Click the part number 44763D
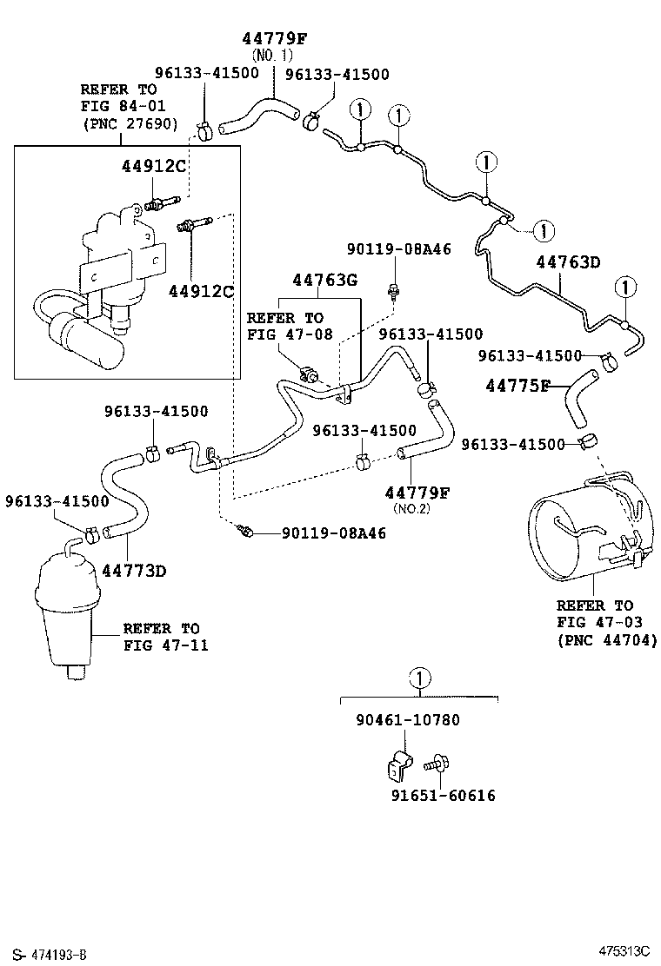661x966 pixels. [x=569, y=261]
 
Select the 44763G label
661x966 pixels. [x=324, y=280]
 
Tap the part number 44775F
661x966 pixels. [x=517, y=385]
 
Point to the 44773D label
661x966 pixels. [x=133, y=571]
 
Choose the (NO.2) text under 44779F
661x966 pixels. [x=411, y=508]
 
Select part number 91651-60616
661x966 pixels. [x=444, y=795]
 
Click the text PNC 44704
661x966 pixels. [x=606, y=640]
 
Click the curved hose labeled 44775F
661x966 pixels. [x=578, y=399]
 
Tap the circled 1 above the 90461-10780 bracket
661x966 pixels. [x=418, y=678]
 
